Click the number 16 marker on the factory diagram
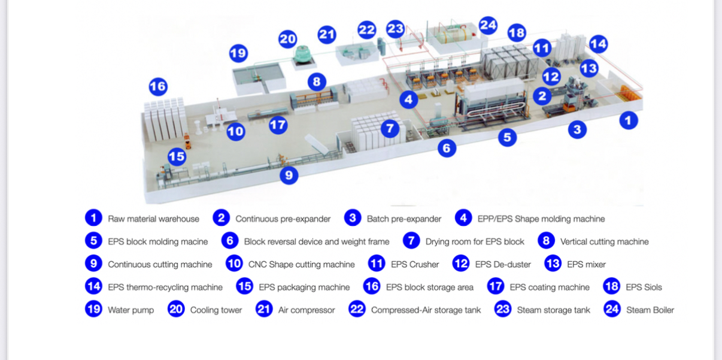coord(158,86)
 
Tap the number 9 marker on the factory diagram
coord(289,175)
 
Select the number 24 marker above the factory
coord(488,25)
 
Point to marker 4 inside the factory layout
coord(409,99)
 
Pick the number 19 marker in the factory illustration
coord(238,53)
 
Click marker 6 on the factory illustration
coord(447,148)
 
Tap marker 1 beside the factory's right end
coord(628,120)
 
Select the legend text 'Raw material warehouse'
coord(153,219)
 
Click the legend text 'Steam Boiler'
coord(650,310)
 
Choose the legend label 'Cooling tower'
coord(216,310)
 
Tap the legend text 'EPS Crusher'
coord(415,265)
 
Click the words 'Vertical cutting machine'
coord(604,241)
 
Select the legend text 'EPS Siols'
coord(644,287)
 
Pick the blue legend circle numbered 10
coord(234,264)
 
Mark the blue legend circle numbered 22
coord(357,309)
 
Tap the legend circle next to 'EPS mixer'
coord(553,264)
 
